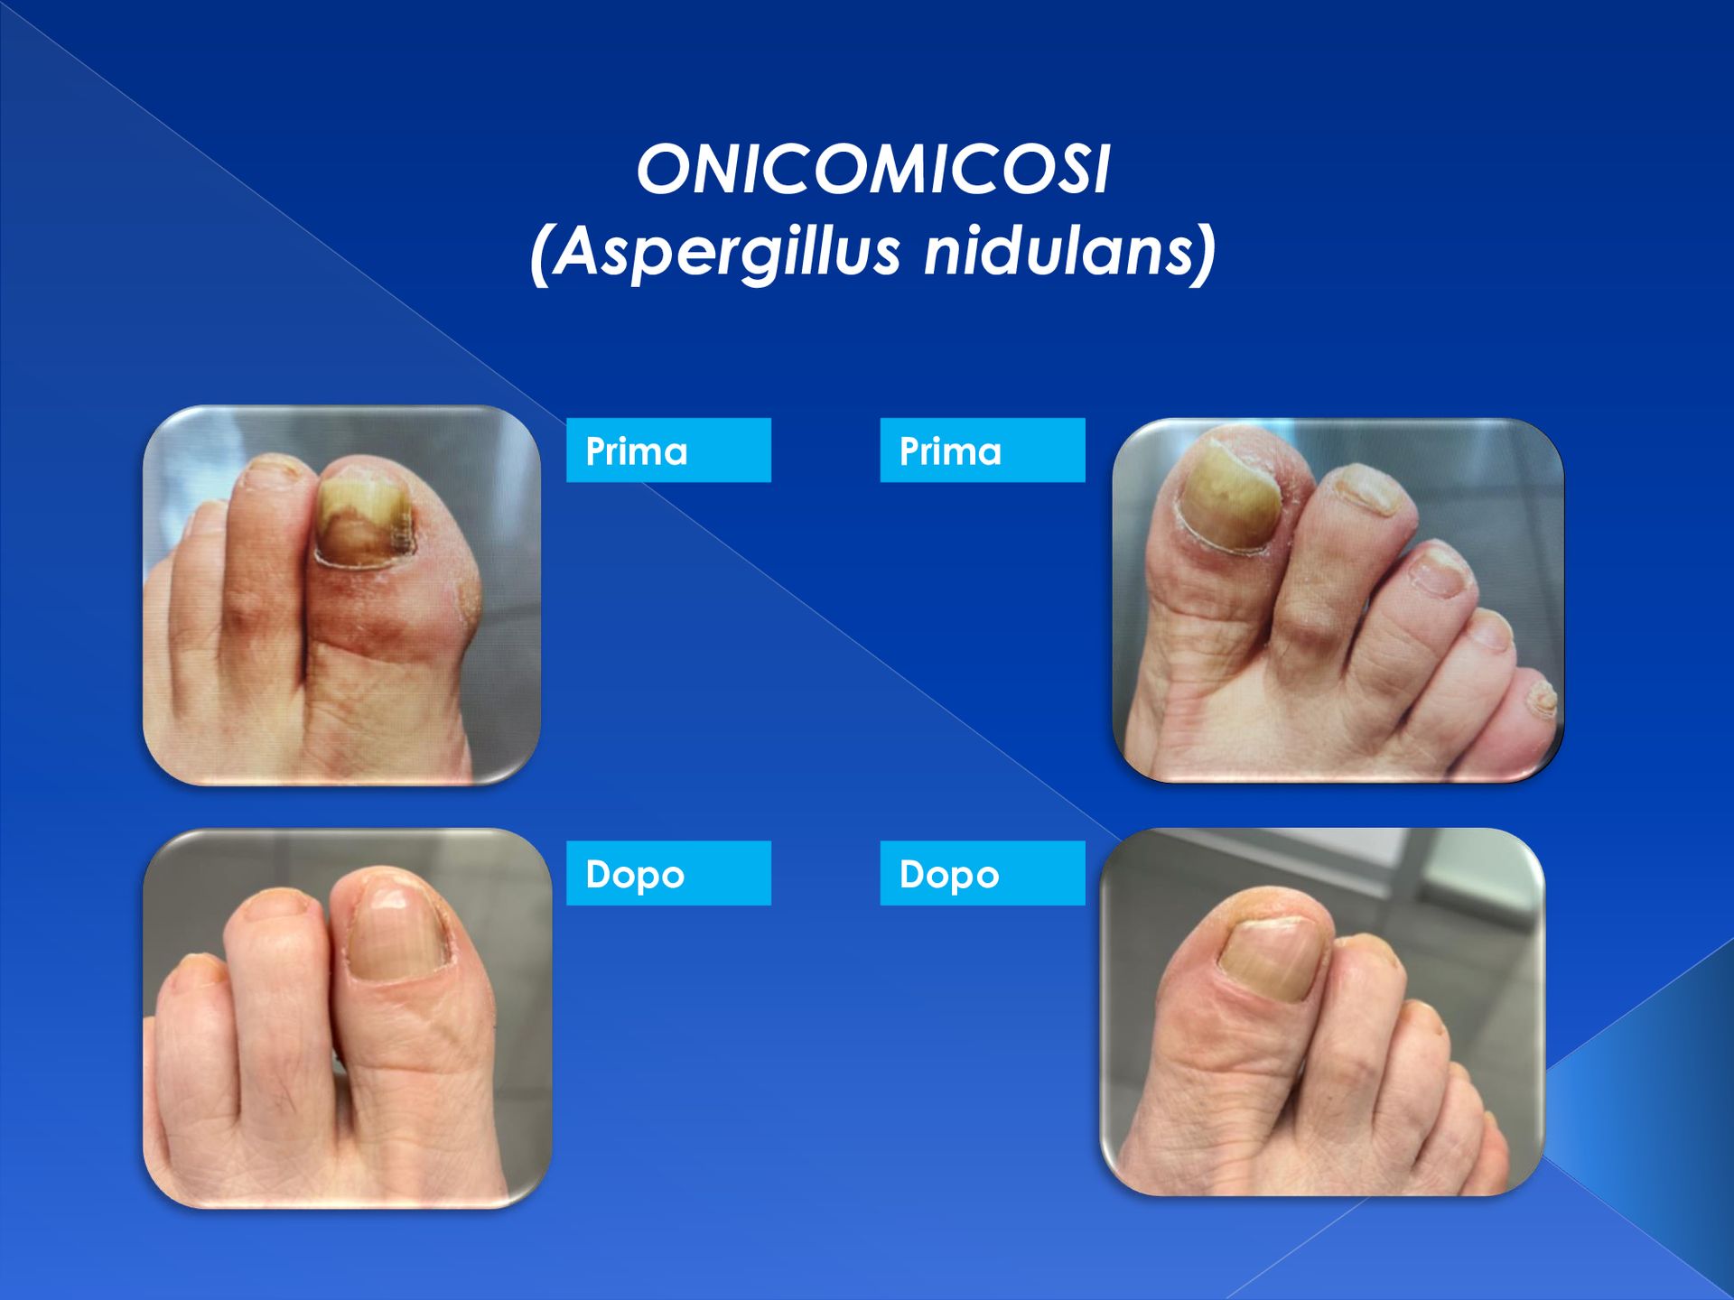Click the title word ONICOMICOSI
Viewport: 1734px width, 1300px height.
pos(873,169)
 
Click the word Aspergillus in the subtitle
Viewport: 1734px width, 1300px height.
pos(726,250)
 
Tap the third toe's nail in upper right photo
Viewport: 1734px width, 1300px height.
pos(1441,573)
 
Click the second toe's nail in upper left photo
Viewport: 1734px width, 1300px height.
pos(275,467)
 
